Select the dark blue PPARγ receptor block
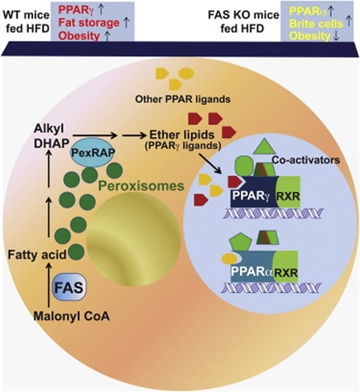tap(247, 195)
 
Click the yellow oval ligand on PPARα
tap(229, 259)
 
